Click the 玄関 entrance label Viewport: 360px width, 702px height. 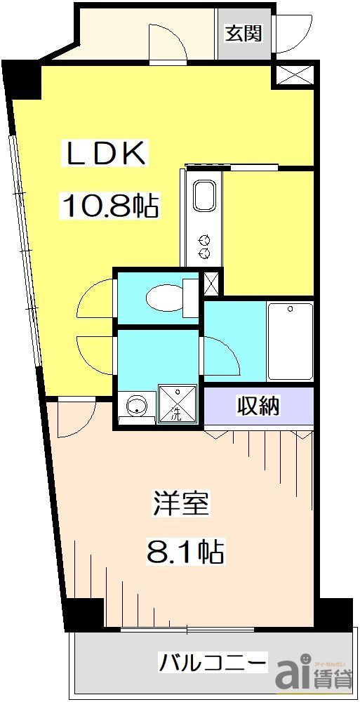pos(244,33)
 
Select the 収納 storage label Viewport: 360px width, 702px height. pos(258,405)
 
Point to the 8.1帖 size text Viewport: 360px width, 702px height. pos(185,552)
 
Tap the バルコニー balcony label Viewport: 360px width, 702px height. pos(213,661)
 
